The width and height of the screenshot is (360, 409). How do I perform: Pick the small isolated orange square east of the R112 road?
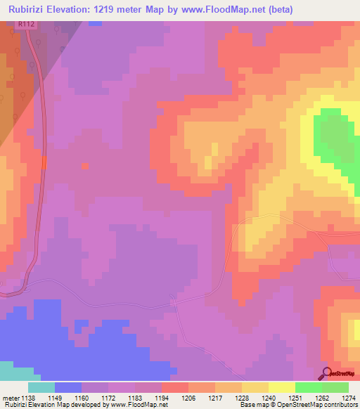pyautogui.click(x=85, y=166)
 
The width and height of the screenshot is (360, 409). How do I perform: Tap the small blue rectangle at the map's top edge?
pyautogui.click(x=95, y=23)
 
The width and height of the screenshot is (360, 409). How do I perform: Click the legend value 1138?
pyautogui.click(x=27, y=397)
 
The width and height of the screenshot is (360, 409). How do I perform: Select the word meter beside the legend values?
pyautogui.click(x=9, y=397)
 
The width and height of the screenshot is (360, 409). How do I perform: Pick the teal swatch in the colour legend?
pyautogui.click(x=41, y=387)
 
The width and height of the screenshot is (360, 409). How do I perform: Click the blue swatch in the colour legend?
pyautogui.click(x=67, y=387)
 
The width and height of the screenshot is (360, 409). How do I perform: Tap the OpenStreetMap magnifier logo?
pyautogui.click(x=327, y=372)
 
